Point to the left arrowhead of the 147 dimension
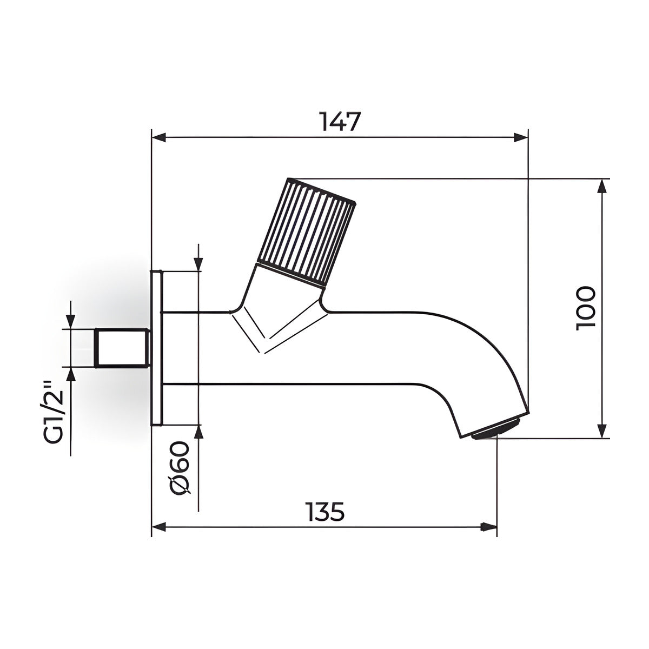[x=159, y=137]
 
